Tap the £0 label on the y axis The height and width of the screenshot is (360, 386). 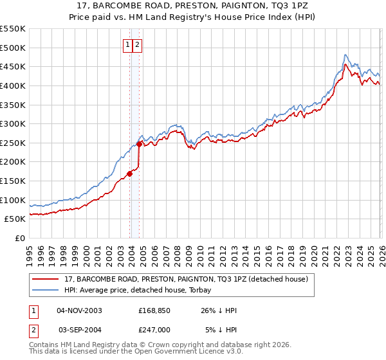coord(19,238)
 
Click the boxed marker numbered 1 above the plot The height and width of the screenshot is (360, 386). coord(128,44)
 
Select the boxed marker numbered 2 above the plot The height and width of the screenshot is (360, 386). coord(138,44)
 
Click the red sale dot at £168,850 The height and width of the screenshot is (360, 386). coord(129,173)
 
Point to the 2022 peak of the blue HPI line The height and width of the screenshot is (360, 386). coord(345,55)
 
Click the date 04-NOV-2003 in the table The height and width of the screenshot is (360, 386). coord(79,310)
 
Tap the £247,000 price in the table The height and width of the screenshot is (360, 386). coord(154,329)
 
